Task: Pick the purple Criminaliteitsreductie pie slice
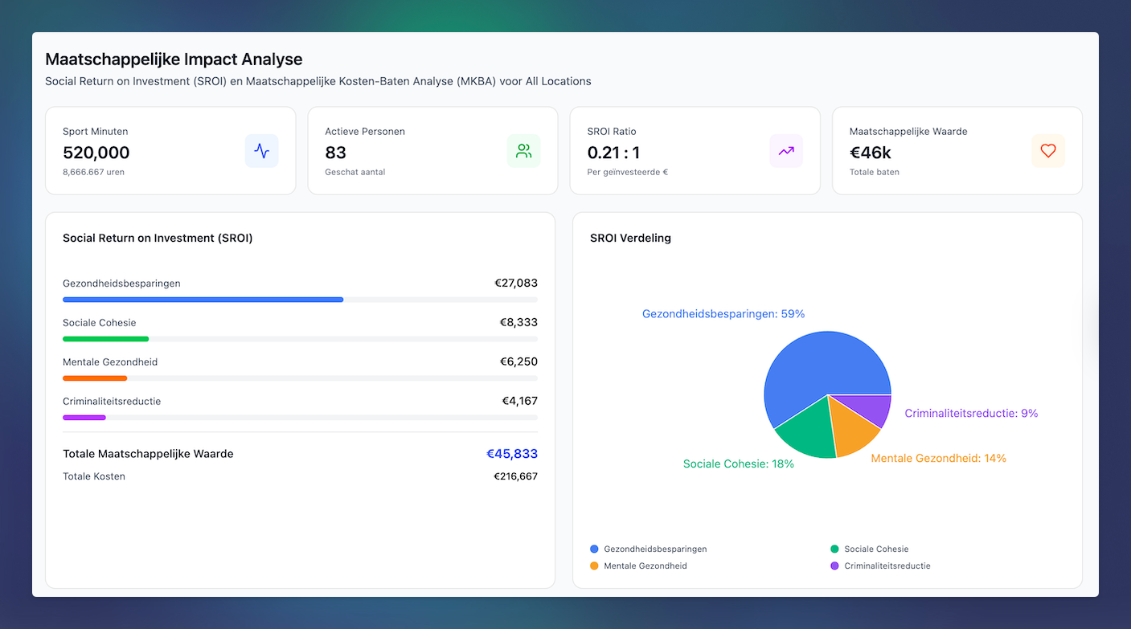(876, 407)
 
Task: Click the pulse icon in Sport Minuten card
(261, 151)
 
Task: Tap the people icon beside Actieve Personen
(523, 151)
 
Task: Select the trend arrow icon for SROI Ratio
(785, 151)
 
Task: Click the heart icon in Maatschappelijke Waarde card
(1047, 151)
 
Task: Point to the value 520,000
(96, 153)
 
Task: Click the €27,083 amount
(515, 283)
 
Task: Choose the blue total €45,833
(511, 454)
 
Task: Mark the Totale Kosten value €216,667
(515, 476)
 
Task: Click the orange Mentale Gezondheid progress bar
(95, 378)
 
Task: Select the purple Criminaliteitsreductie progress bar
(84, 417)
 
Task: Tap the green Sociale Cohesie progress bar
(105, 338)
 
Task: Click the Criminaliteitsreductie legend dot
(834, 566)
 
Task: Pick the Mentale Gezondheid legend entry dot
(594, 566)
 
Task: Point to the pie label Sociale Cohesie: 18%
(738, 464)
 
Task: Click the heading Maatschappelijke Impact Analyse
(174, 59)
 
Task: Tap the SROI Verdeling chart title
(630, 238)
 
